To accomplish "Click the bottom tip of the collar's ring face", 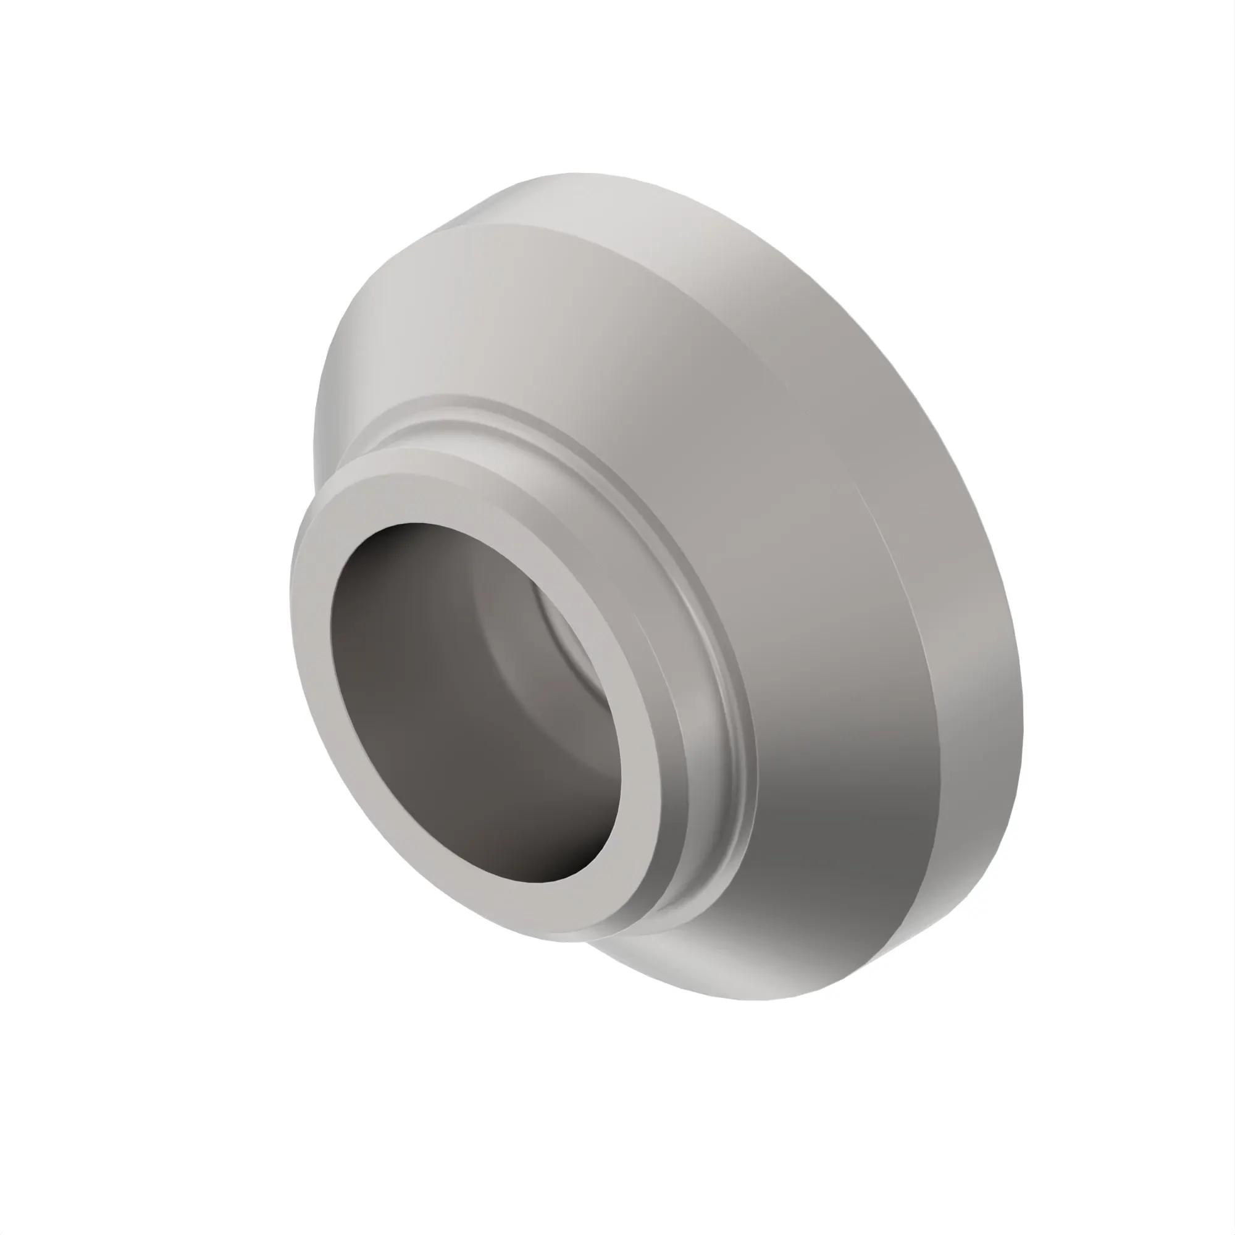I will pos(576,939).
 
